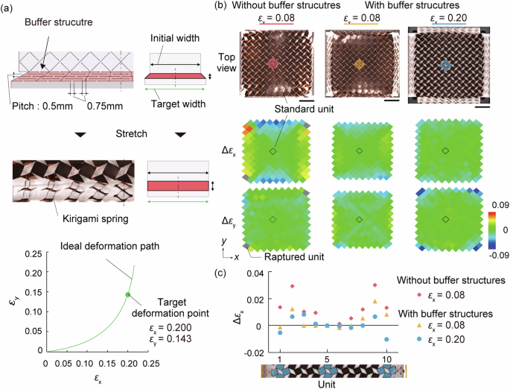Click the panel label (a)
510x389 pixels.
[x=9, y=7]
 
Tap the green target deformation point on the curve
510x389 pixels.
[x=127, y=295]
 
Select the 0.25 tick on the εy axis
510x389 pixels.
[x=34, y=254]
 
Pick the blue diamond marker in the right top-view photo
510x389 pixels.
[x=445, y=65]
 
